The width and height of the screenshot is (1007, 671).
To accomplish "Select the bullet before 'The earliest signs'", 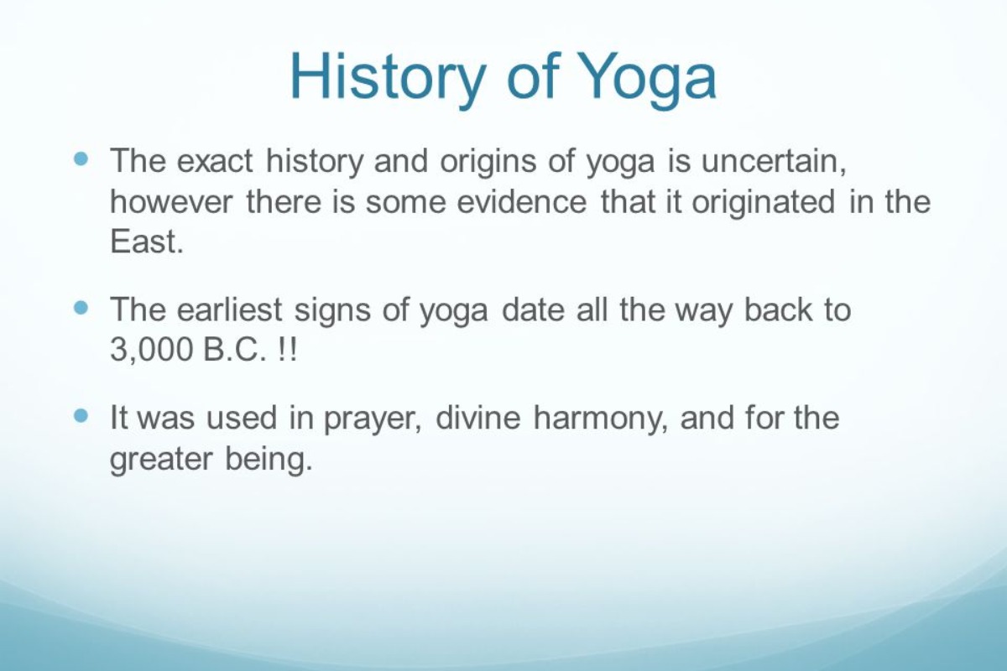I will pos(81,308).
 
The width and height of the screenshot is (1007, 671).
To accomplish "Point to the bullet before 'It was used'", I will pos(81,415).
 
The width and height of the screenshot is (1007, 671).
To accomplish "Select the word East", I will pos(145,242).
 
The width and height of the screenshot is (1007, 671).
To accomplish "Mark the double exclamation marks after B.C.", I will pos(286,350).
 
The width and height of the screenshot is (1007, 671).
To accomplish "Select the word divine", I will pos(479,417).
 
